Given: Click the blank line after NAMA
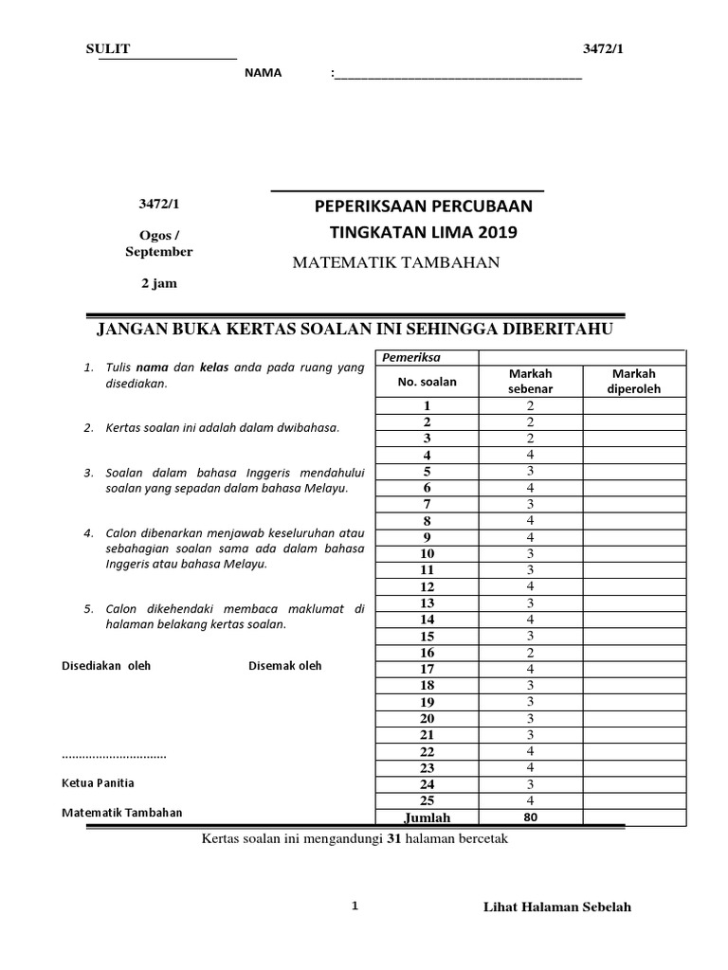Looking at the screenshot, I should [x=457, y=75].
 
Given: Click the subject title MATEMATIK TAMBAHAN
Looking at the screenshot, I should [x=395, y=262].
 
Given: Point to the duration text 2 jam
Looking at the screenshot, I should [x=158, y=283].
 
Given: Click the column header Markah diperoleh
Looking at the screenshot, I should [x=633, y=382].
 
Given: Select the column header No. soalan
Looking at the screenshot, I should [x=427, y=382].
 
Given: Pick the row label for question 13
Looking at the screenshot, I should [x=427, y=602].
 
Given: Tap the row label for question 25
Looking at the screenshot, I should [x=427, y=800].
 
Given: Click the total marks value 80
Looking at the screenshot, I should [x=531, y=817].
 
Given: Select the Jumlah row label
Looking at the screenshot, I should [x=427, y=817].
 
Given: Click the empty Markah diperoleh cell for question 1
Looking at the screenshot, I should [x=633, y=405].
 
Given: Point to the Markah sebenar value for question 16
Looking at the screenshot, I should [x=531, y=653].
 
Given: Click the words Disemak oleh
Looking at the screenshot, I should [x=284, y=666].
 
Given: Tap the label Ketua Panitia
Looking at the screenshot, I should [x=98, y=783].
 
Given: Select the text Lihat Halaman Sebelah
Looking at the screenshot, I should [x=556, y=907].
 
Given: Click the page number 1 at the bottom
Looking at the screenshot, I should [x=355, y=906].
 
